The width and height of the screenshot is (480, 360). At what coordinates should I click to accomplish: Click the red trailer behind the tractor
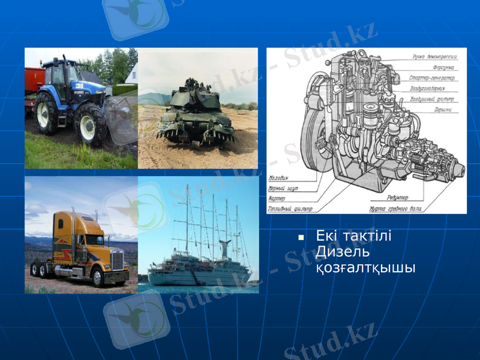pos(33,81)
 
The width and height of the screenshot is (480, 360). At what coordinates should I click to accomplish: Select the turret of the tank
pos(191,95)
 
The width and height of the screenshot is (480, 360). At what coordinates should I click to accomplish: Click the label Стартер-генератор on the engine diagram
pos(431,77)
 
